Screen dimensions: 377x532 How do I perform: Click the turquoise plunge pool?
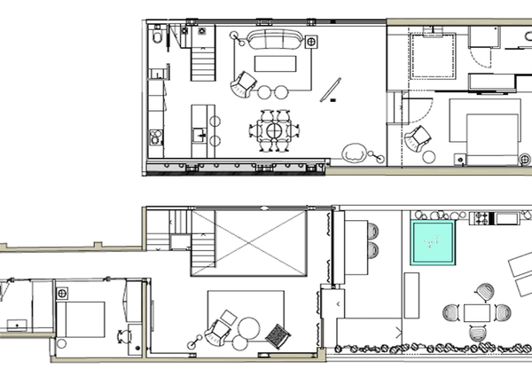coord(432,244)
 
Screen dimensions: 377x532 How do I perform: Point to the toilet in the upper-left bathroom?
coord(157,38)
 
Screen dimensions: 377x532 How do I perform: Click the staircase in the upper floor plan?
coord(203,62)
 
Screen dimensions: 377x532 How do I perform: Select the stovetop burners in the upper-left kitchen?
coord(157,137)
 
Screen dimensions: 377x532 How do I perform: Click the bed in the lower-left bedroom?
coord(82,317)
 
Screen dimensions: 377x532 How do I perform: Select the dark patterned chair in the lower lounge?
coord(278,335)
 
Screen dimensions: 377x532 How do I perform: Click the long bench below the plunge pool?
coord(411,295)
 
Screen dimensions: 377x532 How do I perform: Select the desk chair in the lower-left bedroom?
coord(123,336)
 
